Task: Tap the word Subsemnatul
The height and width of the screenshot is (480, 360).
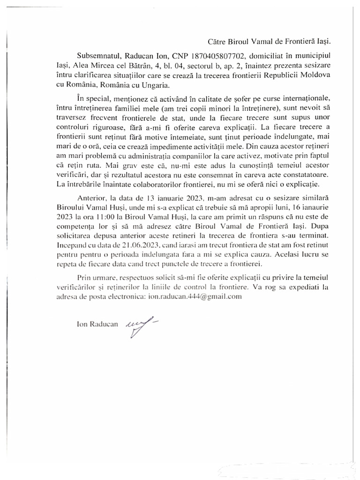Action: coord(96,55)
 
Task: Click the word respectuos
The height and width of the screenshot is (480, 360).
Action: coord(131,276)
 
